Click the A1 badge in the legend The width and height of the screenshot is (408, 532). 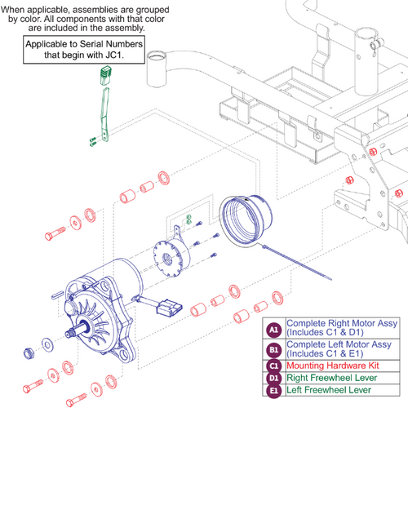tap(274, 329)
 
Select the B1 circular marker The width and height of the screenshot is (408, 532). tap(274, 350)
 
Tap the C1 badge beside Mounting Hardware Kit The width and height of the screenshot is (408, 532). tap(274, 366)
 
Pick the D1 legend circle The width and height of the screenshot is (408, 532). tap(274, 379)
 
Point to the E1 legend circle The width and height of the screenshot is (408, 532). tap(274, 390)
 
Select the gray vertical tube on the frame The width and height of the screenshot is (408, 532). tap(157, 72)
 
